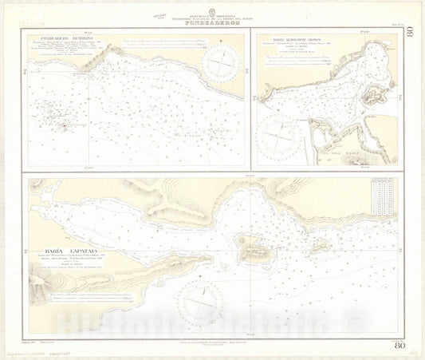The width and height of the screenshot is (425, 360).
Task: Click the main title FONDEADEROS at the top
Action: (211, 22)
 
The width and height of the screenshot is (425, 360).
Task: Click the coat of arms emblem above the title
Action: (212, 8)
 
